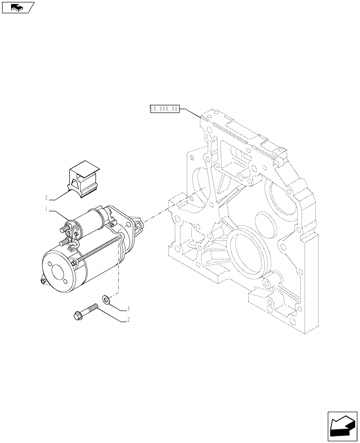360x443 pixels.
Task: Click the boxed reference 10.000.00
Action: coord(164,109)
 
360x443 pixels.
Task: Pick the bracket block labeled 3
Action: coord(84,179)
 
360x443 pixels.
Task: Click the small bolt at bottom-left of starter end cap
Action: coord(43,281)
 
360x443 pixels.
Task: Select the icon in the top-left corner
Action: coord(17,7)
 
